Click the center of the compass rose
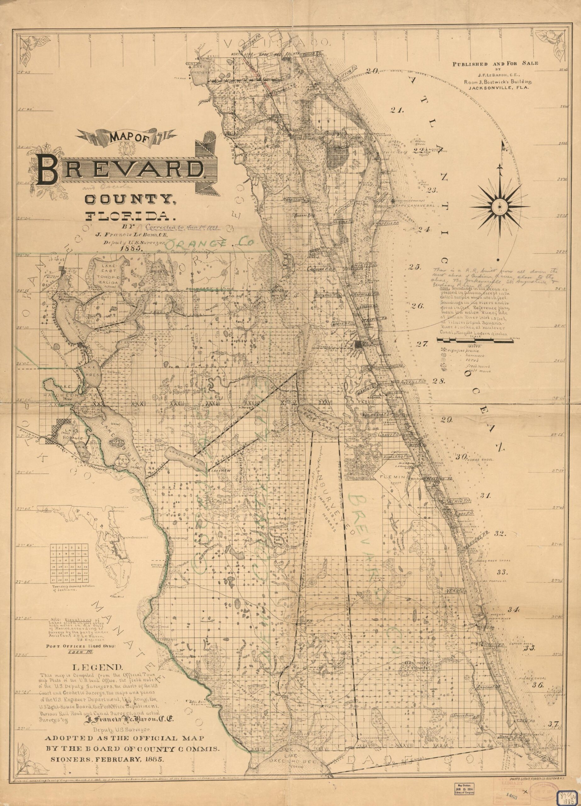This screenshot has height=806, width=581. (x=499, y=205)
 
